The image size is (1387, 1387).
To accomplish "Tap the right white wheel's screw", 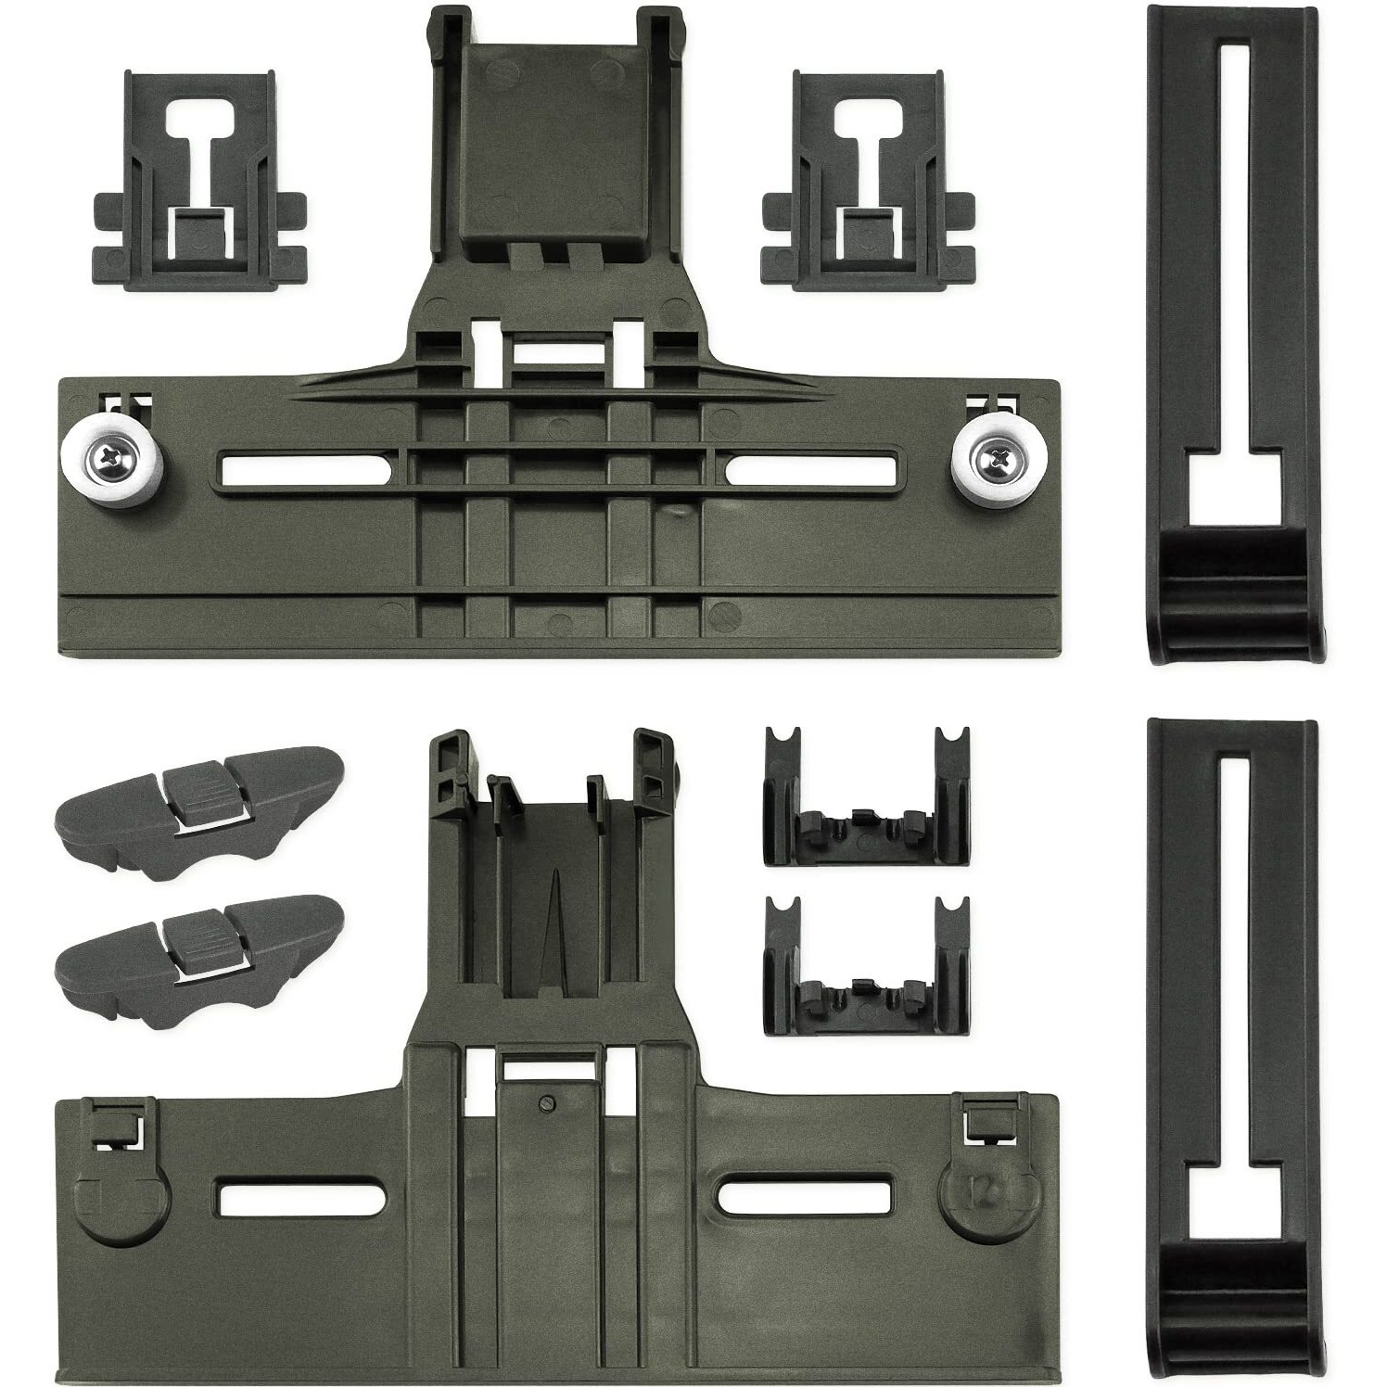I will (x=997, y=454).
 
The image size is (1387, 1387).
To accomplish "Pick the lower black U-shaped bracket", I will (x=867, y=964).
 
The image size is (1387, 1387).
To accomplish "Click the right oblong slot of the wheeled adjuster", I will (x=811, y=468).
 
